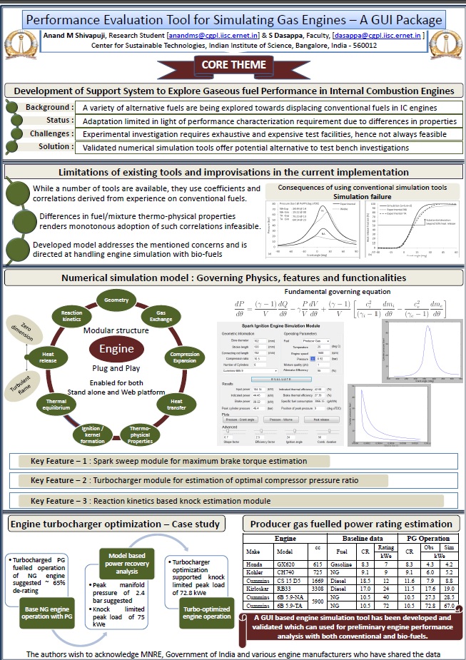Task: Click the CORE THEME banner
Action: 233,65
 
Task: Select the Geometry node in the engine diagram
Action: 116,300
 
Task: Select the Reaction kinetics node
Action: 71,317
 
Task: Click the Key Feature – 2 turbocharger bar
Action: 233,480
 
